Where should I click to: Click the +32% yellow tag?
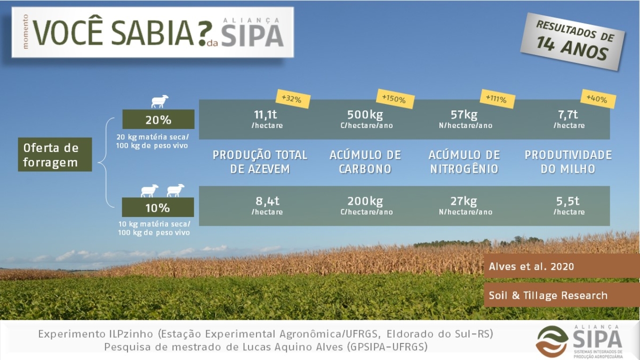click(293, 99)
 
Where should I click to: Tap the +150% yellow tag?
click(395, 99)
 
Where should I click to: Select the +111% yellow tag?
click(498, 99)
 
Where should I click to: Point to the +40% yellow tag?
click(598, 99)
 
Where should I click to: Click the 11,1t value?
click(266, 115)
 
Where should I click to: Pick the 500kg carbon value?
click(365, 115)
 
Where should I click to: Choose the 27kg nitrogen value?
click(463, 202)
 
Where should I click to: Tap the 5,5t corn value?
click(567, 202)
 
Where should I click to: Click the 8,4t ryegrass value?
click(267, 202)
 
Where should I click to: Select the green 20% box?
click(158, 119)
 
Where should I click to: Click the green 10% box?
click(158, 207)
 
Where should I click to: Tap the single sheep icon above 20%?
click(159, 102)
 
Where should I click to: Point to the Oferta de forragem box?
click(55, 155)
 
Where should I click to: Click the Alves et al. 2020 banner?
click(562, 266)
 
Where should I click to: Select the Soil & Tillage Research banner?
click(562, 295)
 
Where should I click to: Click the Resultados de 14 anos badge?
click(572, 42)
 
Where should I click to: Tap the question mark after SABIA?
click(205, 34)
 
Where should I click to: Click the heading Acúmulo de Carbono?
click(365, 162)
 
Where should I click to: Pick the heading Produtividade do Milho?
click(568, 162)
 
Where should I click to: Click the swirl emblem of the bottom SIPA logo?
click(551, 341)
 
